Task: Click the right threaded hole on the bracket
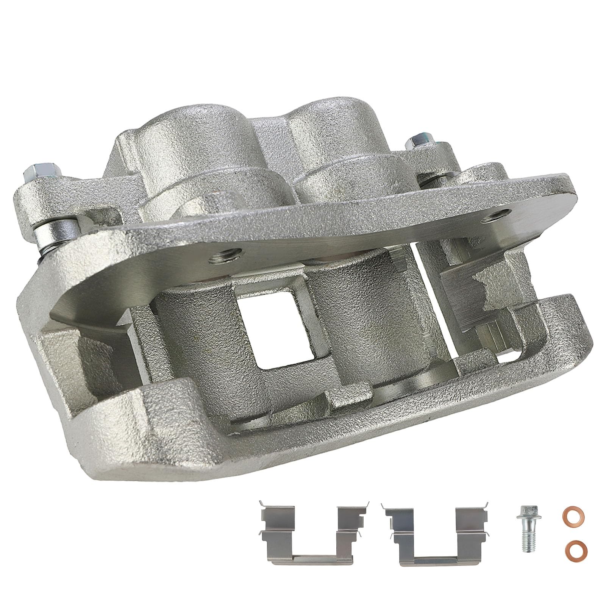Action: [497, 216]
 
